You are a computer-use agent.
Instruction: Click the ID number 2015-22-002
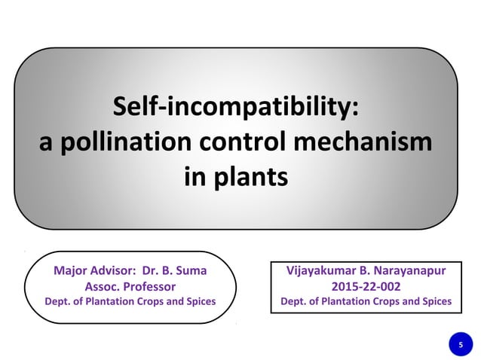[x=366, y=286]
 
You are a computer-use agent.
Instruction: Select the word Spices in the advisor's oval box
[x=199, y=302]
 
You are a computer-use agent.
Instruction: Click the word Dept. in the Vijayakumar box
[x=293, y=302]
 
